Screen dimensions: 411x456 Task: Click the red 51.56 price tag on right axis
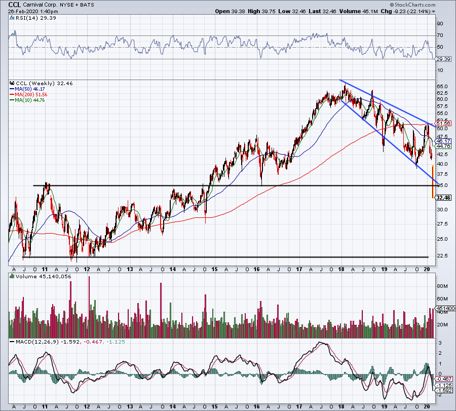[x=442, y=123]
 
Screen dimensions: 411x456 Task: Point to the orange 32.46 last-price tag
[x=442, y=198]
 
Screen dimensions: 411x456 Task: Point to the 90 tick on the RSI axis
[x=440, y=23]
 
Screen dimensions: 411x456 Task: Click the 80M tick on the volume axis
[x=442, y=286]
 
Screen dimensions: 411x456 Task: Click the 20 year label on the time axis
[x=428, y=269]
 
